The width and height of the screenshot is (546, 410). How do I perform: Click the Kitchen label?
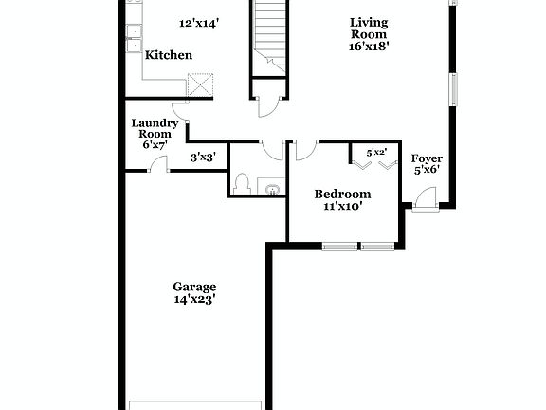click(168, 55)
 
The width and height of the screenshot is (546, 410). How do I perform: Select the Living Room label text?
click(369, 28)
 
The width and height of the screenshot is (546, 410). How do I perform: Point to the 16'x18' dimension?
click(369, 45)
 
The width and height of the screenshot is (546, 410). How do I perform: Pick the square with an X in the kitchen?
click(200, 85)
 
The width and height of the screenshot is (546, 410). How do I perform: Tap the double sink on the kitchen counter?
click(135, 36)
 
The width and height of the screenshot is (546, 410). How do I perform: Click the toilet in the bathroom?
click(242, 182)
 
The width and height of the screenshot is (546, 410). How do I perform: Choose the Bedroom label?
click(342, 195)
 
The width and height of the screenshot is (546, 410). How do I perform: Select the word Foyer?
click(427, 158)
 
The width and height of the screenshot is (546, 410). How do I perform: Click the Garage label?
click(194, 287)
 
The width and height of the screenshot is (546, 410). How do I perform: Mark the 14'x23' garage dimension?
click(194, 299)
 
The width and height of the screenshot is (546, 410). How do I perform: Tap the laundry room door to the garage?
click(159, 165)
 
